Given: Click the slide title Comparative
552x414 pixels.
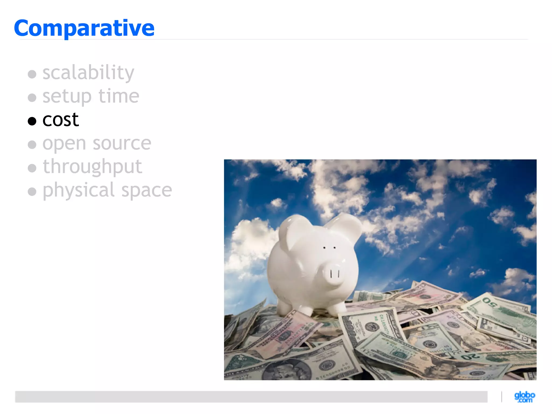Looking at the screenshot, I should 84,28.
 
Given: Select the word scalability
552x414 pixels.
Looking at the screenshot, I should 88,73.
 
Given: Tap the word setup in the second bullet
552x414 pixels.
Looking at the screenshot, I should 67,96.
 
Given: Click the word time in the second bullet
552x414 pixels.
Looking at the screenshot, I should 119,96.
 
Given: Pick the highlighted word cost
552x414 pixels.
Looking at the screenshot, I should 61,120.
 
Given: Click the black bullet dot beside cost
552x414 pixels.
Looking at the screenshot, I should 32,121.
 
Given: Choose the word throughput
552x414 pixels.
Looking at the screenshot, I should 92,167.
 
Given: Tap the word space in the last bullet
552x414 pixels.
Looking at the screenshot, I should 147,191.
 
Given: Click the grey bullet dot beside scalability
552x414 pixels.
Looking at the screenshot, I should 32,74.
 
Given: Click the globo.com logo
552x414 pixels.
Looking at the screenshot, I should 525,397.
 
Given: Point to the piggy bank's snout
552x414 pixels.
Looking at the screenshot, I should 334,274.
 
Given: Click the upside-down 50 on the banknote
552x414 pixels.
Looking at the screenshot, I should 489,303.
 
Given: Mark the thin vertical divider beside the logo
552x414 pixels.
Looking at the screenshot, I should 502,397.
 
